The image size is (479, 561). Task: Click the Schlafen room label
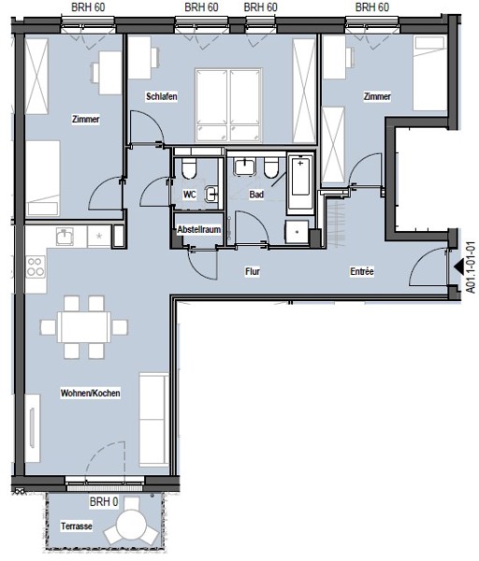(162, 96)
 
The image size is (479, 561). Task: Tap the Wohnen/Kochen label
(90, 393)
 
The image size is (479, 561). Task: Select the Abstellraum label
(199, 229)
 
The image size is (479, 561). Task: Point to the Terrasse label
(77, 525)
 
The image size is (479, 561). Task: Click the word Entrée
(362, 271)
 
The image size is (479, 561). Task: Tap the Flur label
(253, 271)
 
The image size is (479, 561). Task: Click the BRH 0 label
(104, 501)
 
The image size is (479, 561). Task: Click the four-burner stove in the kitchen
(36, 266)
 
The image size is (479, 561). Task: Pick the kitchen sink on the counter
(65, 237)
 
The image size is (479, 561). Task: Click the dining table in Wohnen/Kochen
(84, 327)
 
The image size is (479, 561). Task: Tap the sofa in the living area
(153, 419)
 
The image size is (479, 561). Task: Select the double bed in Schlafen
(228, 105)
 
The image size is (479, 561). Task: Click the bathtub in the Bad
(300, 184)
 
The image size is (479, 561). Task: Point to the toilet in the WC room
(189, 167)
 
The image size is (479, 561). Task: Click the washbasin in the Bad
(244, 166)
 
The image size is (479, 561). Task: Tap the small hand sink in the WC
(211, 194)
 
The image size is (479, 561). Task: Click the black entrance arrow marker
(458, 266)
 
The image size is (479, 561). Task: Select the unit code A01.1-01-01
(472, 267)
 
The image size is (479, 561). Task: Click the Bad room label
(256, 194)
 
